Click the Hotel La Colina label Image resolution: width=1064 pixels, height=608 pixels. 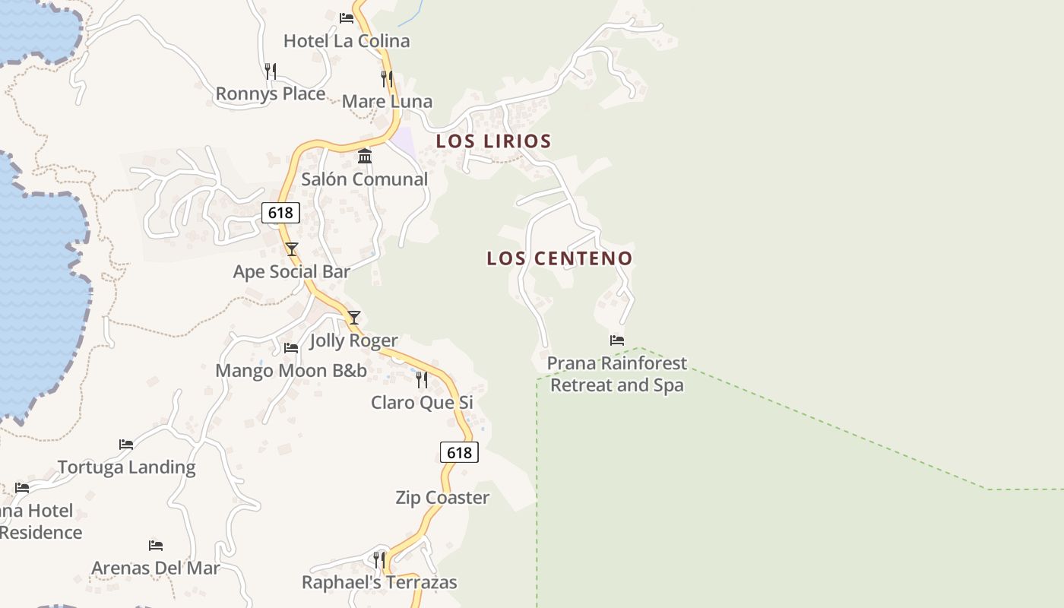(x=347, y=41)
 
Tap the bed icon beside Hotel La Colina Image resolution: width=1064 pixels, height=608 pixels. (x=347, y=17)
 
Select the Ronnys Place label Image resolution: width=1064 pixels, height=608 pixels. (x=271, y=93)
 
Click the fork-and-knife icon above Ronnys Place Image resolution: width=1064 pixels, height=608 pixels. (x=271, y=71)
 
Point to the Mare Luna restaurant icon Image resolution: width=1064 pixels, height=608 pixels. (x=387, y=78)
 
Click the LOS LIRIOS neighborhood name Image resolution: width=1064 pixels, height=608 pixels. (x=493, y=141)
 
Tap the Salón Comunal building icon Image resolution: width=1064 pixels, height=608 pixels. (x=365, y=156)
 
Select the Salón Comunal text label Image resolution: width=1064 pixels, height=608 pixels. (x=365, y=179)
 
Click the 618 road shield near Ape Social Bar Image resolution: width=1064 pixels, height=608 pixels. (x=280, y=213)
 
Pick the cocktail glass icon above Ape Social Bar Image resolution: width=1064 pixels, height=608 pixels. (x=292, y=249)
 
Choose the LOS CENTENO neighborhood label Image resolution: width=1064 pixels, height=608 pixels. (x=559, y=258)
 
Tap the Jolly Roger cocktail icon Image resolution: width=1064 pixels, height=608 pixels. (x=353, y=318)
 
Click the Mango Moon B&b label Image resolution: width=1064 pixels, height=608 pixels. (x=291, y=371)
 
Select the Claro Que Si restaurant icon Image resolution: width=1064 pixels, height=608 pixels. (x=422, y=379)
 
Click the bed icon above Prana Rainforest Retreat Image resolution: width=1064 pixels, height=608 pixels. (x=617, y=340)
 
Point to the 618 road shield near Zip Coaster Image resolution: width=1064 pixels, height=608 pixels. (x=459, y=453)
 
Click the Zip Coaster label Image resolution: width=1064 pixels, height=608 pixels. (x=442, y=498)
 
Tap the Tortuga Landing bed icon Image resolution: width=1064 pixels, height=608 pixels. (x=126, y=444)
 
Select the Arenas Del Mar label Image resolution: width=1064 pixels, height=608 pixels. (x=156, y=568)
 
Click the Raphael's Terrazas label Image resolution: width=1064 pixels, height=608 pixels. (x=379, y=583)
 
